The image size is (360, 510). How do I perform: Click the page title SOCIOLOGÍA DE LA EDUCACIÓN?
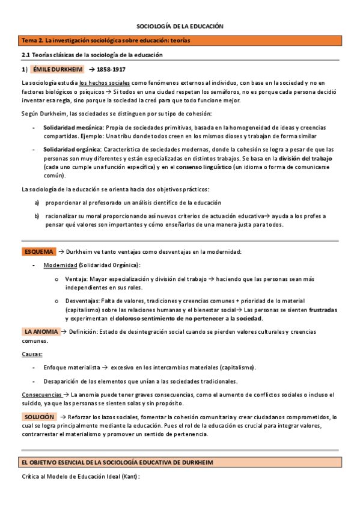180,27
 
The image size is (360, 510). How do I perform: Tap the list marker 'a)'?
37,203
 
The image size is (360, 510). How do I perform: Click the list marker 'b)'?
37,216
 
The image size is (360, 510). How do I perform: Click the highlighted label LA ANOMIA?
41,331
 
